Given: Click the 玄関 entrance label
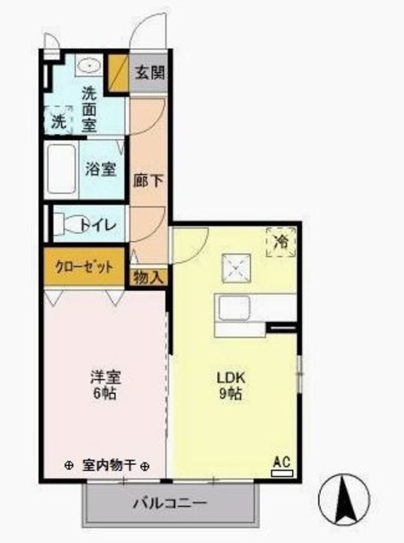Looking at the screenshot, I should pos(149,71).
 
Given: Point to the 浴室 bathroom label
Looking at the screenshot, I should pos(101,168).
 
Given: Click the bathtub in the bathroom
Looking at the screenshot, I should pos(61,168).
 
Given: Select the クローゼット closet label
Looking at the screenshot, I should pos(84,266).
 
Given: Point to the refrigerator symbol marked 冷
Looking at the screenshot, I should pos(281,242).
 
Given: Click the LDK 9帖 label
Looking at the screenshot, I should pos(232,384).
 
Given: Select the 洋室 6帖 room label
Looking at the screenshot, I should pos(105,385).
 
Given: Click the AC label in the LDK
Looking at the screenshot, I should pos(281,462).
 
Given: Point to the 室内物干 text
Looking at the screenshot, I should pos(109,466).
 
